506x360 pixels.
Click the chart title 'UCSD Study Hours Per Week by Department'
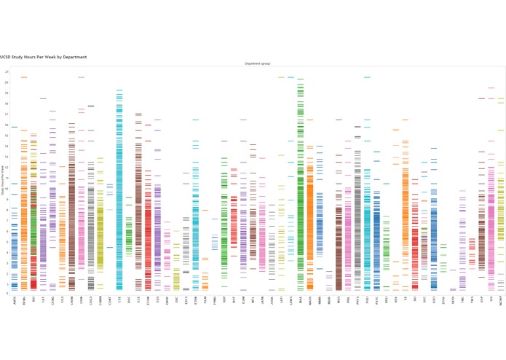[44, 57]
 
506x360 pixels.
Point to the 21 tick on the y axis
[7, 71]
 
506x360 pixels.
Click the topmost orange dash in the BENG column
[24, 77]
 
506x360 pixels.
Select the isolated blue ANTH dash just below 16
[15, 128]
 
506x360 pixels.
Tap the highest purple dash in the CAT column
[43, 98]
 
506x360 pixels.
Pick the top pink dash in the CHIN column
[81, 77]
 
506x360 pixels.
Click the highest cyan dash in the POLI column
[367, 77]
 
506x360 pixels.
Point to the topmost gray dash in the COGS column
[90, 106]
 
